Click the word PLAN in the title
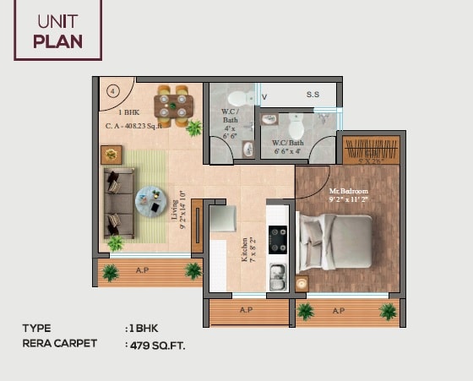pyautogui.click(x=58, y=41)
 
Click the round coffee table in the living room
pyautogui.click(x=153, y=202)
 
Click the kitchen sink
pyautogui.click(x=276, y=275)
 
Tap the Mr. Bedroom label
pyautogui.click(x=348, y=192)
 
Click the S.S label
pyautogui.click(x=313, y=95)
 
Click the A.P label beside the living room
pyautogui.click(x=144, y=270)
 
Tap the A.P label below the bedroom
pyautogui.click(x=339, y=310)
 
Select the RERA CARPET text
pyautogui.click(x=61, y=344)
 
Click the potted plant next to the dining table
pyautogui.click(x=195, y=128)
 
